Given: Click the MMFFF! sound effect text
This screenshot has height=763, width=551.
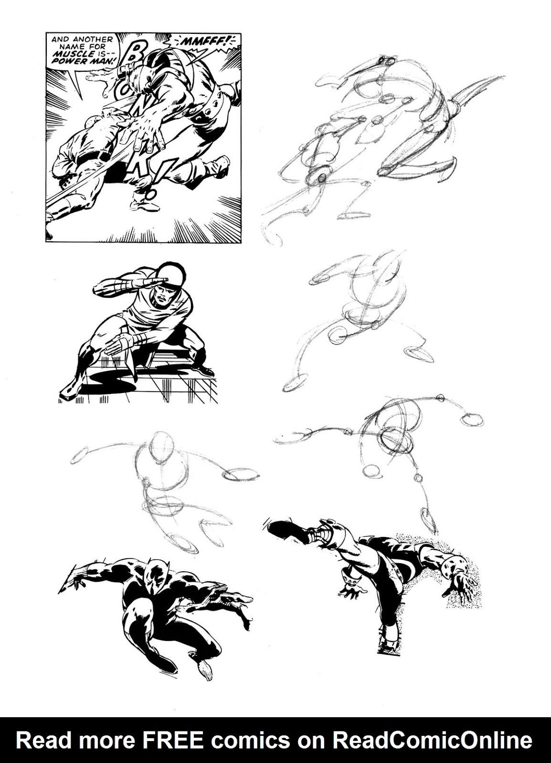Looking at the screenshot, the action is pos(205,42).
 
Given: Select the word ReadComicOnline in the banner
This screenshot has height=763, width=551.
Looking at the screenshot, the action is pos(432,741).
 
